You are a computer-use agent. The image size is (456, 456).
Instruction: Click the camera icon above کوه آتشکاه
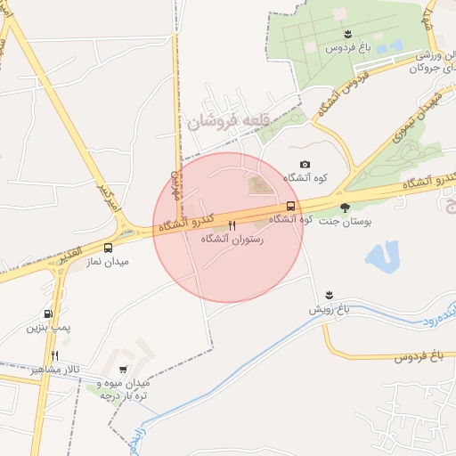tap(305, 165)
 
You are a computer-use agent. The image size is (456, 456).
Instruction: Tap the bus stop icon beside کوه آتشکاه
tap(291, 206)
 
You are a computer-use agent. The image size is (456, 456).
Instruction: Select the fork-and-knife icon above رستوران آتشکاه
tap(232, 226)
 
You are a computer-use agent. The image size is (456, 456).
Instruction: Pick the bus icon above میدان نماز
tap(109, 248)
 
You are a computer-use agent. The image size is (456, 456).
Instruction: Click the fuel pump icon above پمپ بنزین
tap(47, 313)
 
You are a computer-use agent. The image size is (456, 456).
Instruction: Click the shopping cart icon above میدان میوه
tap(123, 369)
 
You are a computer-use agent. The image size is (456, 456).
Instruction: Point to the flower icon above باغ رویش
tap(330, 295)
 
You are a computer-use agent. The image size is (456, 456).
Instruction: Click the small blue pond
tap(381, 255)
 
